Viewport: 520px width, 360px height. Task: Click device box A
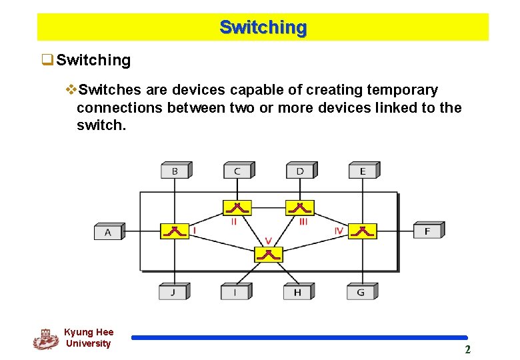108,232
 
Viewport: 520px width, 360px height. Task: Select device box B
175,171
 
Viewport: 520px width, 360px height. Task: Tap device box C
237,171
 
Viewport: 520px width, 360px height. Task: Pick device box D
300,171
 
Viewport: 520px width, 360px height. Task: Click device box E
363,171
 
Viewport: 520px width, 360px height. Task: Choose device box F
427,231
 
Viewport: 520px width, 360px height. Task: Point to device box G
361,292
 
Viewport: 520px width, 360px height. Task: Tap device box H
297,292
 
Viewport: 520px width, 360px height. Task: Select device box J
173,292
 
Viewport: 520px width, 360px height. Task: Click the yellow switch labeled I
175,231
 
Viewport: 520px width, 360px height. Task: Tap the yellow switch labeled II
237,207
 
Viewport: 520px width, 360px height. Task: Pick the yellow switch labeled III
299,207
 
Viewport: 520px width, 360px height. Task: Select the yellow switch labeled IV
363,231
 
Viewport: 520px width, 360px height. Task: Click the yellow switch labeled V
269,254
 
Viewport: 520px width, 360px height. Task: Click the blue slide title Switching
263,28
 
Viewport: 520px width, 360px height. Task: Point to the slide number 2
467,350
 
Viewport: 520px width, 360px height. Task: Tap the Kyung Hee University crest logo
45,339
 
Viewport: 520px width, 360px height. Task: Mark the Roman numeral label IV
339,231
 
